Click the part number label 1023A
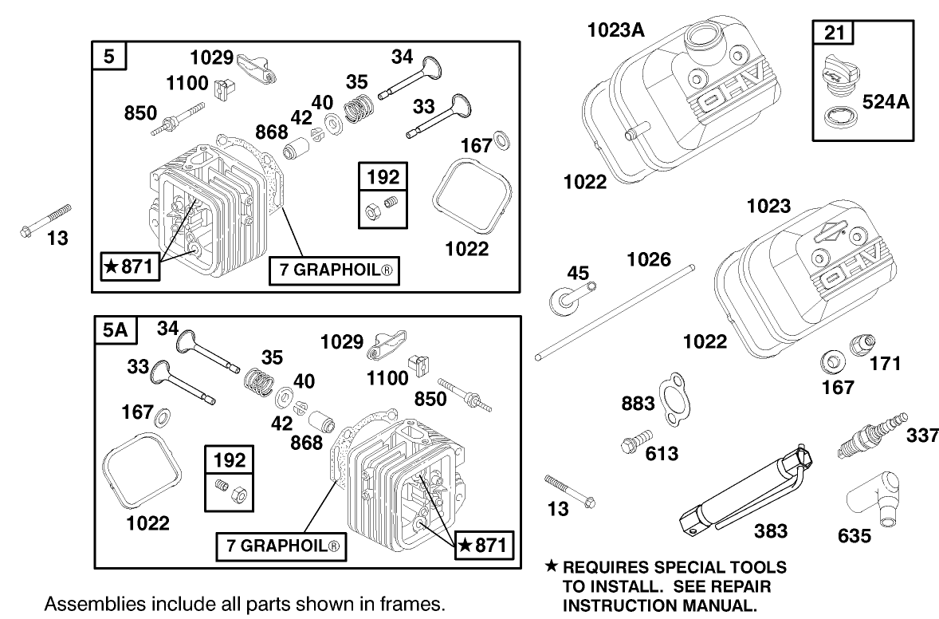(615, 30)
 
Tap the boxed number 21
(832, 34)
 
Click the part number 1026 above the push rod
(649, 259)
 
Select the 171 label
(885, 364)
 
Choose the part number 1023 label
(768, 207)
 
